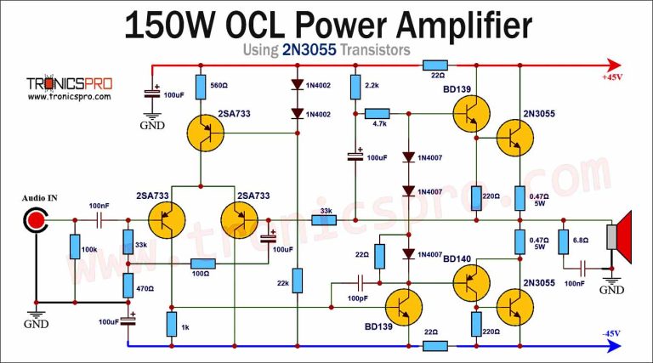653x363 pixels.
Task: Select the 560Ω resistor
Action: click(202, 87)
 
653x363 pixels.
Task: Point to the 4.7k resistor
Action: click(377, 113)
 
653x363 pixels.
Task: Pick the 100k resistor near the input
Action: click(75, 247)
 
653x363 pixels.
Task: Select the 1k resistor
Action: click(172, 323)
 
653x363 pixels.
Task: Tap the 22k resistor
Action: click(297, 280)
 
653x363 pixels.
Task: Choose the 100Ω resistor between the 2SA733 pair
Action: click(202, 264)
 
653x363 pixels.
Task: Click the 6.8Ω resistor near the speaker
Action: click(563, 241)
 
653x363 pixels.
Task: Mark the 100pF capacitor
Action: click(361, 282)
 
